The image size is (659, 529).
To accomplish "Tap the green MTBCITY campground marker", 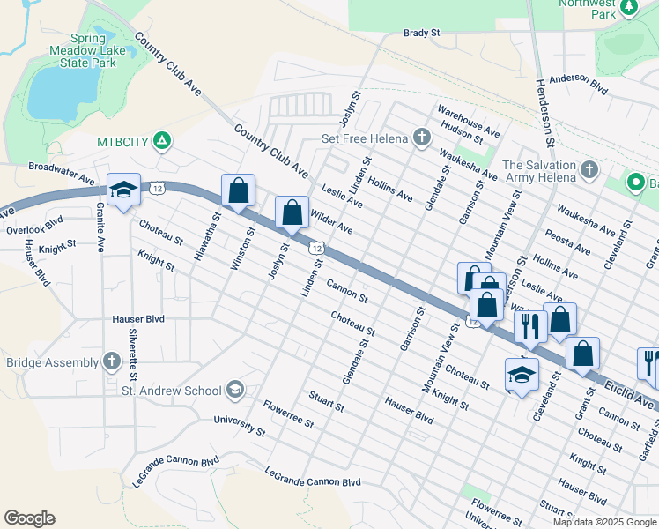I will (161, 140).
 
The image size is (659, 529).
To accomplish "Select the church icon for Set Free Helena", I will (422, 138).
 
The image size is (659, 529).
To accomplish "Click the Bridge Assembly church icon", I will (111, 362).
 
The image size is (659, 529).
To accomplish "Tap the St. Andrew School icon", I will (235, 390).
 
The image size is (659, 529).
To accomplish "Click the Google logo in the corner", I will (29, 518).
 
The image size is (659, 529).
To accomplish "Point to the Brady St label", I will (421, 33).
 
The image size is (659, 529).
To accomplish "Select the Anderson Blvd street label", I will (579, 83).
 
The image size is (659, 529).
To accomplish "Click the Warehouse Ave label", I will (469, 122).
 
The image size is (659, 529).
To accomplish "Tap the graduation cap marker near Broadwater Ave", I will (123, 190).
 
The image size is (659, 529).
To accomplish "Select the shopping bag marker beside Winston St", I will (238, 190).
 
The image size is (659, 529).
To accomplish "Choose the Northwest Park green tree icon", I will (628, 8).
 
